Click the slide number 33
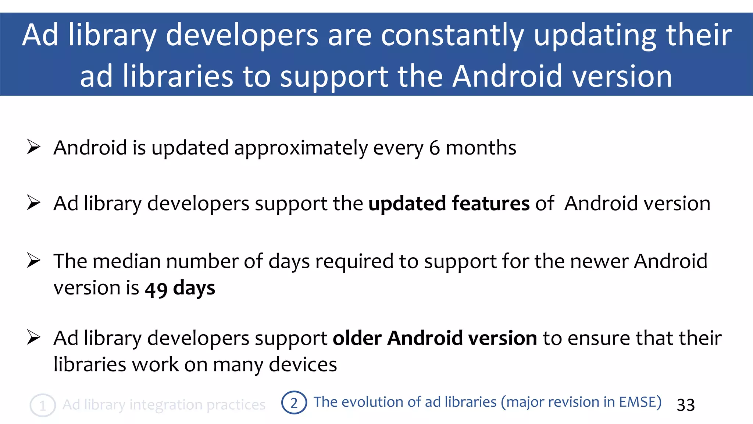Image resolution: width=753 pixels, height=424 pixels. point(686,405)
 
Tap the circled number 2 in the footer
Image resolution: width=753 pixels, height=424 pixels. point(294,403)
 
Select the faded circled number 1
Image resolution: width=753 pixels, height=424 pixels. point(43,406)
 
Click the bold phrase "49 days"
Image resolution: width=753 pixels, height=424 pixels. point(180,288)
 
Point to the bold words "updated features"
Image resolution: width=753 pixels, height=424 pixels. point(449,204)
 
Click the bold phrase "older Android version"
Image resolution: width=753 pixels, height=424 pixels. point(435,338)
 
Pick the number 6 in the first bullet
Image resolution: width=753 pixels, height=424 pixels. point(434,148)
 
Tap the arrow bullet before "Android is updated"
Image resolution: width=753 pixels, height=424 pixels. point(33,147)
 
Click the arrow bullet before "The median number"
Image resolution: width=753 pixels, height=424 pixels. point(33,261)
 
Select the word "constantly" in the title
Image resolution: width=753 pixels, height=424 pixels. point(452,35)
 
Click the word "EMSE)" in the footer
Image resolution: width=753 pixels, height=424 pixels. point(640,402)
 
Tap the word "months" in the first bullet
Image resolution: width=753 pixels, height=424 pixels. point(481,148)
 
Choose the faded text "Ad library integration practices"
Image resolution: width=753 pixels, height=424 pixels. point(164,405)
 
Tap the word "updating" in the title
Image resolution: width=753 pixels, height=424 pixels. point(595,35)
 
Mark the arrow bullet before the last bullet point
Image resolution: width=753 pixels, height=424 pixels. point(33,338)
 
